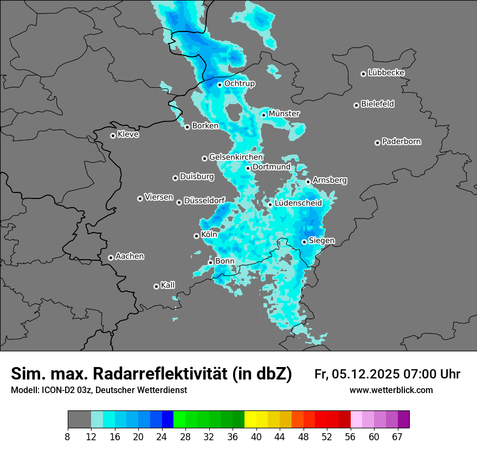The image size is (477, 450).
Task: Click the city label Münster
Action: point(284,114)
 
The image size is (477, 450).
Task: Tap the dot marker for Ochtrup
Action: point(220,84)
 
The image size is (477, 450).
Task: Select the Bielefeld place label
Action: point(377,104)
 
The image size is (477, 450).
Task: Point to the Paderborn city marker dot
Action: point(377,143)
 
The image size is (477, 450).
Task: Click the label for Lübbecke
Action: point(386,73)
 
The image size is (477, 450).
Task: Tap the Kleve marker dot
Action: point(113,136)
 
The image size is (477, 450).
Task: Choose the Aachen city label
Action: point(130,256)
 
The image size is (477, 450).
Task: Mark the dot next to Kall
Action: point(156,286)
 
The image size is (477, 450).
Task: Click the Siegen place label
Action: point(321,240)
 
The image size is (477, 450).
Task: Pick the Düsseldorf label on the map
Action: point(204,201)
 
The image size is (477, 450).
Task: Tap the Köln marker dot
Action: point(196,236)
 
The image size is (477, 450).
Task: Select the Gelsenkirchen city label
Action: point(236,157)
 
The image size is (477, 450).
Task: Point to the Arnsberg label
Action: point(330,180)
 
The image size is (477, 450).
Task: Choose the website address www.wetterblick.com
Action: point(391,390)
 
